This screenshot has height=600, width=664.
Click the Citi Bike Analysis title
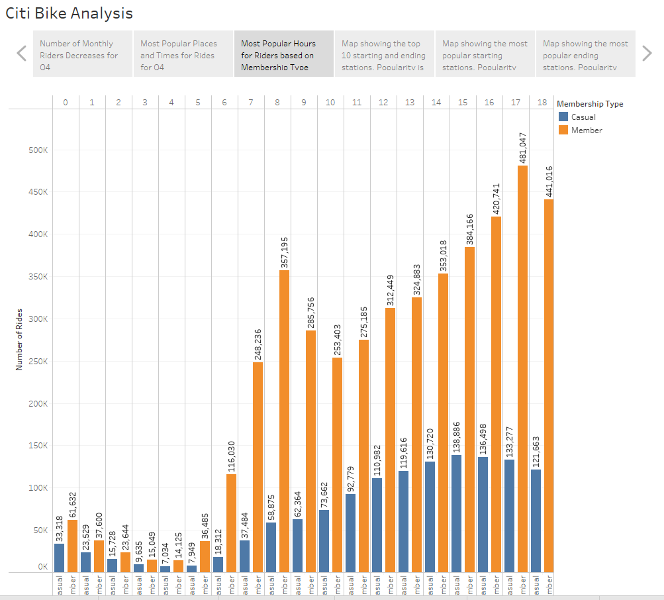[x=70, y=13]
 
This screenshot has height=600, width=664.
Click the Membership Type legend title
[x=590, y=103]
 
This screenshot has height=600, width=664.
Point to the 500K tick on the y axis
[x=38, y=150]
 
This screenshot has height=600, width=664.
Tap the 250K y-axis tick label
[x=38, y=362]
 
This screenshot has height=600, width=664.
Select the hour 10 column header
[x=330, y=102]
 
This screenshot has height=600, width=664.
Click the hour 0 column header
[x=66, y=102]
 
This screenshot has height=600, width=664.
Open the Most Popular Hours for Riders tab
[x=284, y=54]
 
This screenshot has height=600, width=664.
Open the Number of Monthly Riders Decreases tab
[x=83, y=54]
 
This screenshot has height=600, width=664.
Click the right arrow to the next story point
[x=647, y=54]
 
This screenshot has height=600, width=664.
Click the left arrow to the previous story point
[x=22, y=54]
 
